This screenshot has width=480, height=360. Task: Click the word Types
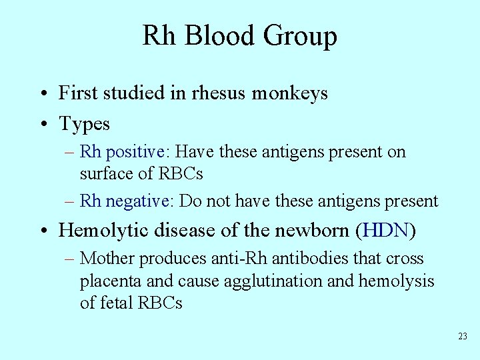[x=85, y=125]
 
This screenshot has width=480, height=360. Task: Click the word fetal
[x=117, y=303]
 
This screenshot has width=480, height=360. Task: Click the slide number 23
[x=463, y=337]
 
